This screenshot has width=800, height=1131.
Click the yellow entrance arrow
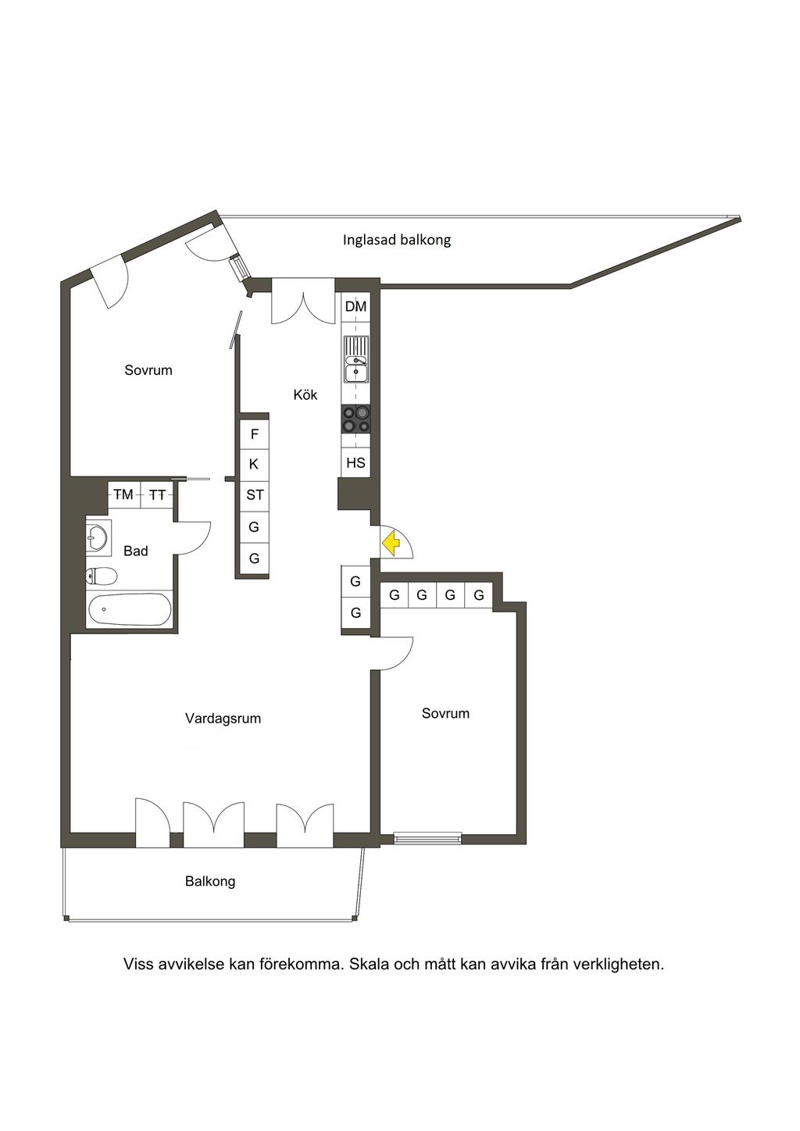click(x=391, y=544)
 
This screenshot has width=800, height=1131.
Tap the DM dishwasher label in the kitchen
click(x=355, y=306)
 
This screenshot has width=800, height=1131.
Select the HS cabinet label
click(x=355, y=462)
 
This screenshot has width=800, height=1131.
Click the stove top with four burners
click(x=355, y=419)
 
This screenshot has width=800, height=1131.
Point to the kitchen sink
click(x=356, y=359)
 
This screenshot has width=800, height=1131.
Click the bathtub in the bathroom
click(x=129, y=609)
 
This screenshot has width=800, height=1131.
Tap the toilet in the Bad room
click(x=102, y=575)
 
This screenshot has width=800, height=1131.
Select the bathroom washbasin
click(x=97, y=537)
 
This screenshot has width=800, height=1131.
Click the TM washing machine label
click(x=123, y=494)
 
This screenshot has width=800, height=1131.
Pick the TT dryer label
click(x=158, y=495)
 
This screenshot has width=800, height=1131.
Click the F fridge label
click(x=255, y=433)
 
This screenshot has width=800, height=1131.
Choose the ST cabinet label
click(x=255, y=495)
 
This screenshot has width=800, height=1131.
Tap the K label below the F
click(x=254, y=464)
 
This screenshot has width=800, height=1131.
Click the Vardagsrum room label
click(x=223, y=718)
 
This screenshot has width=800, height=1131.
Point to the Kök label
click(x=305, y=394)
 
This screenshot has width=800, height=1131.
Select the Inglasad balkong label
click(x=396, y=240)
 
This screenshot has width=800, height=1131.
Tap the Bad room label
click(x=135, y=551)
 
